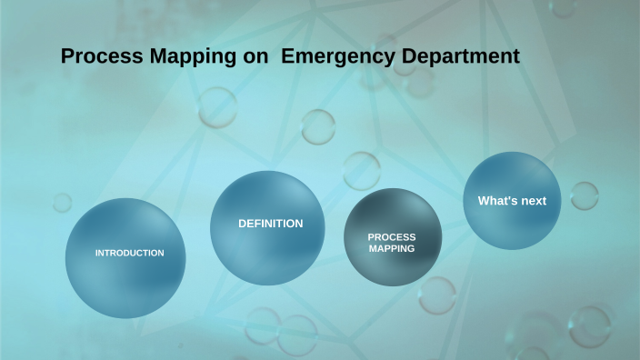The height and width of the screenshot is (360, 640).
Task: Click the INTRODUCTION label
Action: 130,253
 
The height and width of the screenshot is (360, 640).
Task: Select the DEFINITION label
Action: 270,224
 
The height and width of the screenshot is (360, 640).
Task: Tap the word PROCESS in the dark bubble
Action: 392,236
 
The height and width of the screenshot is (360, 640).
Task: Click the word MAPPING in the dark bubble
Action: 392,247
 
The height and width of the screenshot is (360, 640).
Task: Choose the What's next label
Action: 512,201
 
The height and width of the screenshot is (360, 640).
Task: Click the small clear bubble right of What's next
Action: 584,195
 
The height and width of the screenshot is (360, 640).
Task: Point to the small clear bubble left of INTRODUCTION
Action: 62,202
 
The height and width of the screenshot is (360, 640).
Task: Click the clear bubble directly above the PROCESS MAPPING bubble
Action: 361,170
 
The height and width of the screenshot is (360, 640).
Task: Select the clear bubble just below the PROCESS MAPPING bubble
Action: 436,295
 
